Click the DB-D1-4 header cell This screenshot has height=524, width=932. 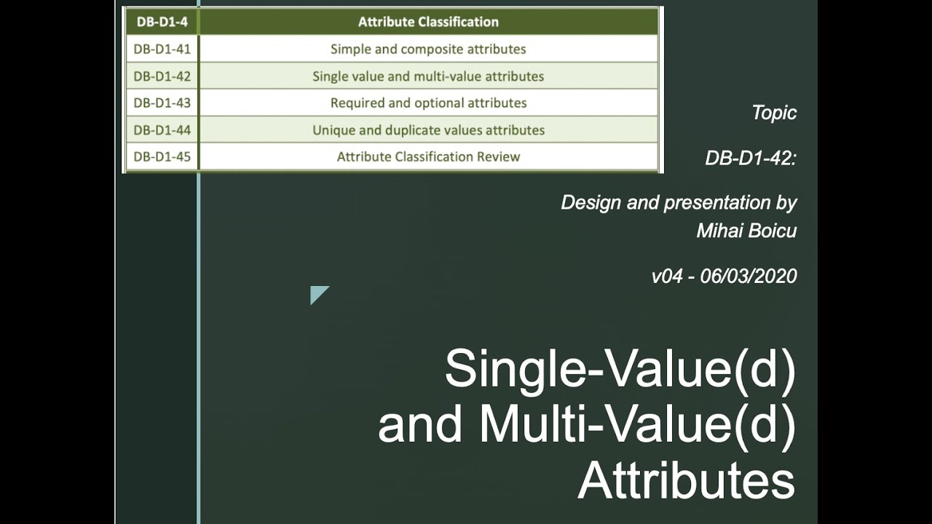pyautogui.click(x=162, y=22)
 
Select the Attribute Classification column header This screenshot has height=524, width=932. pyautogui.click(x=428, y=22)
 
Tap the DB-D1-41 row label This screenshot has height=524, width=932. pyautogui.click(x=162, y=49)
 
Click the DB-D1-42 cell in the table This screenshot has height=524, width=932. pyautogui.click(x=162, y=76)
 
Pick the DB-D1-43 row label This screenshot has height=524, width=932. pyautogui.click(x=162, y=103)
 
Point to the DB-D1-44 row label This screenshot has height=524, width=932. pyautogui.click(x=162, y=130)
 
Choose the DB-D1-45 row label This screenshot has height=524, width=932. pyautogui.click(x=162, y=156)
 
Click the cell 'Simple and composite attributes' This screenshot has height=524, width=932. pyautogui.click(x=428, y=49)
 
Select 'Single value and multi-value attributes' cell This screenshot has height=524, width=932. pyautogui.click(x=428, y=76)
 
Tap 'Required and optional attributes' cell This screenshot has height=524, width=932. pyautogui.click(x=428, y=103)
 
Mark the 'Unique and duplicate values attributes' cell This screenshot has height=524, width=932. pyautogui.click(x=428, y=130)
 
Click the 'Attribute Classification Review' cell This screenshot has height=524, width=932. pyautogui.click(x=428, y=156)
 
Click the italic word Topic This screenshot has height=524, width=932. pyautogui.click(x=774, y=113)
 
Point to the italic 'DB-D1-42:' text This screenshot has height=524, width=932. pyautogui.click(x=751, y=158)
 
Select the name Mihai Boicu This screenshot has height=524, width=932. pyautogui.click(x=746, y=231)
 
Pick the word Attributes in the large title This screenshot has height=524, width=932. pyautogui.click(x=686, y=481)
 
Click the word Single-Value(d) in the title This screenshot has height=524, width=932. pyautogui.click(x=620, y=370)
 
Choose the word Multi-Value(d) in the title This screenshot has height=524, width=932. pyautogui.click(x=637, y=426)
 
